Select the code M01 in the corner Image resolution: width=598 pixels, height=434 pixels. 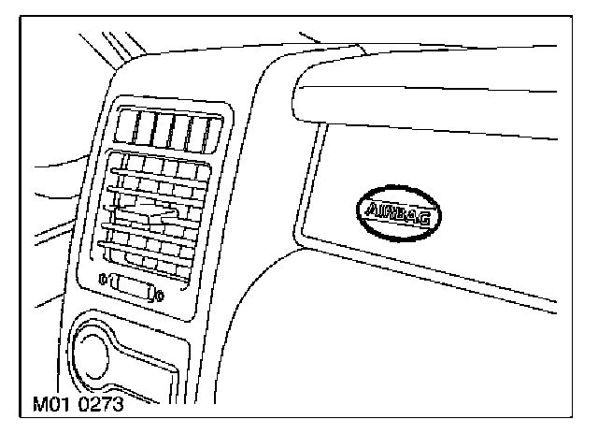click(52, 407)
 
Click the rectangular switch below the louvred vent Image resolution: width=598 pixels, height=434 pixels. click(130, 287)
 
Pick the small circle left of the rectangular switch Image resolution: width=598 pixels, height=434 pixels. click(100, 277)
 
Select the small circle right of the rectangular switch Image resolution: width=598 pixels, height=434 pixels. click(161, 297)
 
